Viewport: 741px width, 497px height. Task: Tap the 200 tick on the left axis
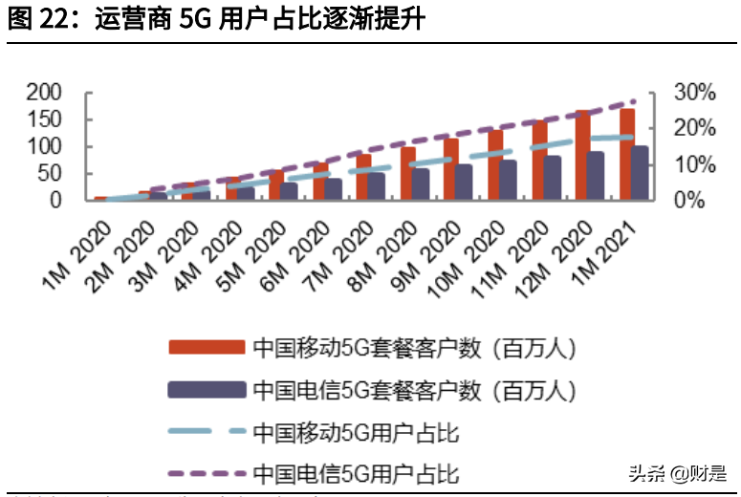44,93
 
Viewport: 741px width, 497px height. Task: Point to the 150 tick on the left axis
44,119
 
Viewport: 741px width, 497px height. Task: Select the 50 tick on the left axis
50,174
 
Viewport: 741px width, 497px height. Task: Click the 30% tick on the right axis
694,93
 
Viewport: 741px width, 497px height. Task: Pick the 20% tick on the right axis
694,128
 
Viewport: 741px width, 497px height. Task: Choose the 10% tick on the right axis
694,164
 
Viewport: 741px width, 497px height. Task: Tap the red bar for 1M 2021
627,155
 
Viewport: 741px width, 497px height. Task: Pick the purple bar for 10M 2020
509,181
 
